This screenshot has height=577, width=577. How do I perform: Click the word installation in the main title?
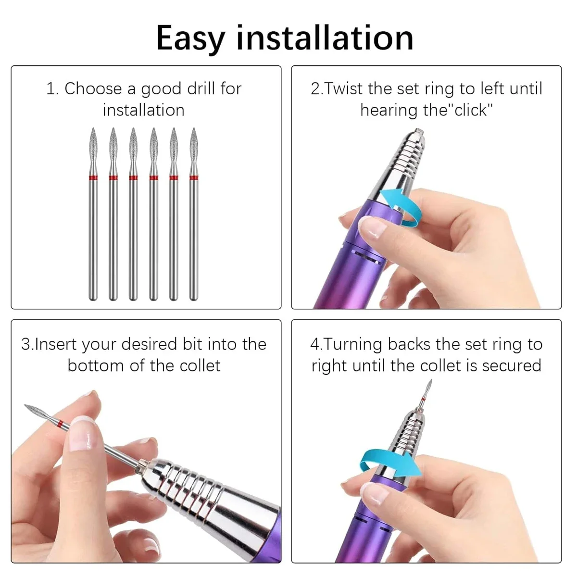(x=325, y=38)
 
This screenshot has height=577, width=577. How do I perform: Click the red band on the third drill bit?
(x=133, y=178)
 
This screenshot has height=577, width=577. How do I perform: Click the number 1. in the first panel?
(x=52, y=89)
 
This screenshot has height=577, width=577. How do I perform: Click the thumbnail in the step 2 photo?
(x=372, y=226)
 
